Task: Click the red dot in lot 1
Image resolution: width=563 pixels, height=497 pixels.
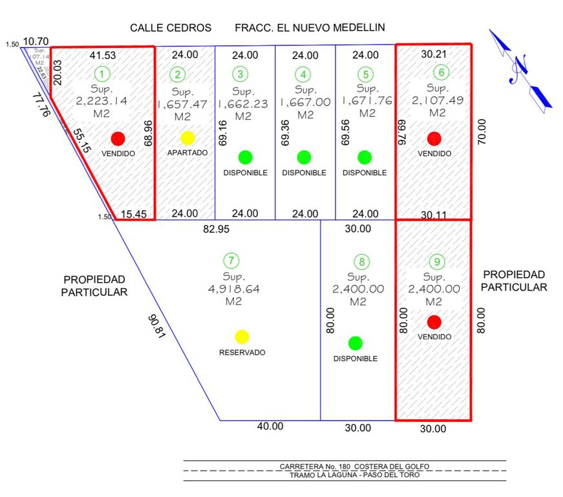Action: (118, 138)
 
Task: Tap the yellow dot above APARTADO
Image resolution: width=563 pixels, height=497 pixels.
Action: (187, 138)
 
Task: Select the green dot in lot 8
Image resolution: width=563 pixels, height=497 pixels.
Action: (355, 343)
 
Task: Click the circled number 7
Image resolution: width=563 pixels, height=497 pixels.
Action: (231, 261)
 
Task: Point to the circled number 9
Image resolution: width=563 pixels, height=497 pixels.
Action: (438, 262)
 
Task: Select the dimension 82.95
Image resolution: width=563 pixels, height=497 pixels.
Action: (216, 228)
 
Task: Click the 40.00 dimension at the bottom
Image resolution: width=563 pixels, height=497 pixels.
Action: (270, 426)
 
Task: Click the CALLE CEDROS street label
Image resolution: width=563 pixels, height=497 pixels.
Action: (171, 28)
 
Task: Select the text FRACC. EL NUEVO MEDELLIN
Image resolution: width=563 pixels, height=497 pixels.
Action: (310, 28)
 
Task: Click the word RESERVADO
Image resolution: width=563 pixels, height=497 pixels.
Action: (242, 353)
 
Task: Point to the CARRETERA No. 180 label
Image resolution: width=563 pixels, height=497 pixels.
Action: (354, 466)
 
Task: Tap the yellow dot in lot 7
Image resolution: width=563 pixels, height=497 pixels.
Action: (242, 337)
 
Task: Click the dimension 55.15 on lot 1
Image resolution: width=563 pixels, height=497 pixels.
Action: (81, 140)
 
